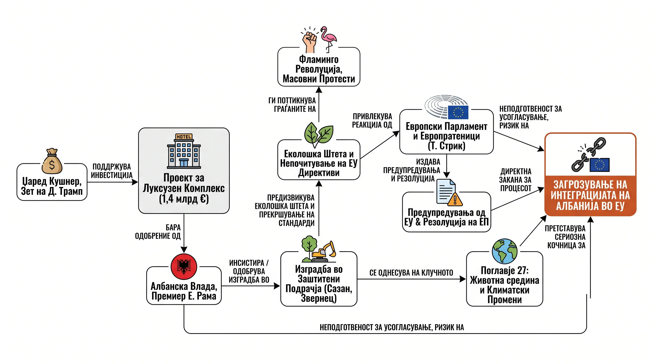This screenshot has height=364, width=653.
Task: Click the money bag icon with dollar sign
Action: point(52,161)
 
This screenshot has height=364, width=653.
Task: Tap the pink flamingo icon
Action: point(329,39)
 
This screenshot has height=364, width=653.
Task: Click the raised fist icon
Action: point(309,41)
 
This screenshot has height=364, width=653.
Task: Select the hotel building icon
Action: point(184,151)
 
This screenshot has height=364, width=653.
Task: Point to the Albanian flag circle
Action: point(184,267)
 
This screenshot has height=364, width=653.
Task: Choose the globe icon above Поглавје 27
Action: point(504,251)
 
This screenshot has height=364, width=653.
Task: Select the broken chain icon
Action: point(588,154)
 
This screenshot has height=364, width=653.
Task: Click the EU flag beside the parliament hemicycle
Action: point(458,112)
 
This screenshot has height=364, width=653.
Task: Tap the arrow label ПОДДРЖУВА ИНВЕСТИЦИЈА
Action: point(112,171)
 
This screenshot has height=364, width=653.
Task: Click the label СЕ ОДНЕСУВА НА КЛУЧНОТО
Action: point(411,273)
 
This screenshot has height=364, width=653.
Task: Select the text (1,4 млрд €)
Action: point(184,199)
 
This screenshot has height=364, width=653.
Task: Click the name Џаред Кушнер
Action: point(52,182)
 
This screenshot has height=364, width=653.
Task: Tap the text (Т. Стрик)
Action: point(446,146)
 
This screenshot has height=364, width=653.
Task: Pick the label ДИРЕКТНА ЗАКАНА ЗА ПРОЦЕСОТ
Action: point(515,180)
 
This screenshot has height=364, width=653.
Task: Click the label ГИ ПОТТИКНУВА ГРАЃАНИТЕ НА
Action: point(292,105)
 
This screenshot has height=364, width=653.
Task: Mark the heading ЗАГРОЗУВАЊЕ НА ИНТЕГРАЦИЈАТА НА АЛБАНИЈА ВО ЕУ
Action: point(590,195)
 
